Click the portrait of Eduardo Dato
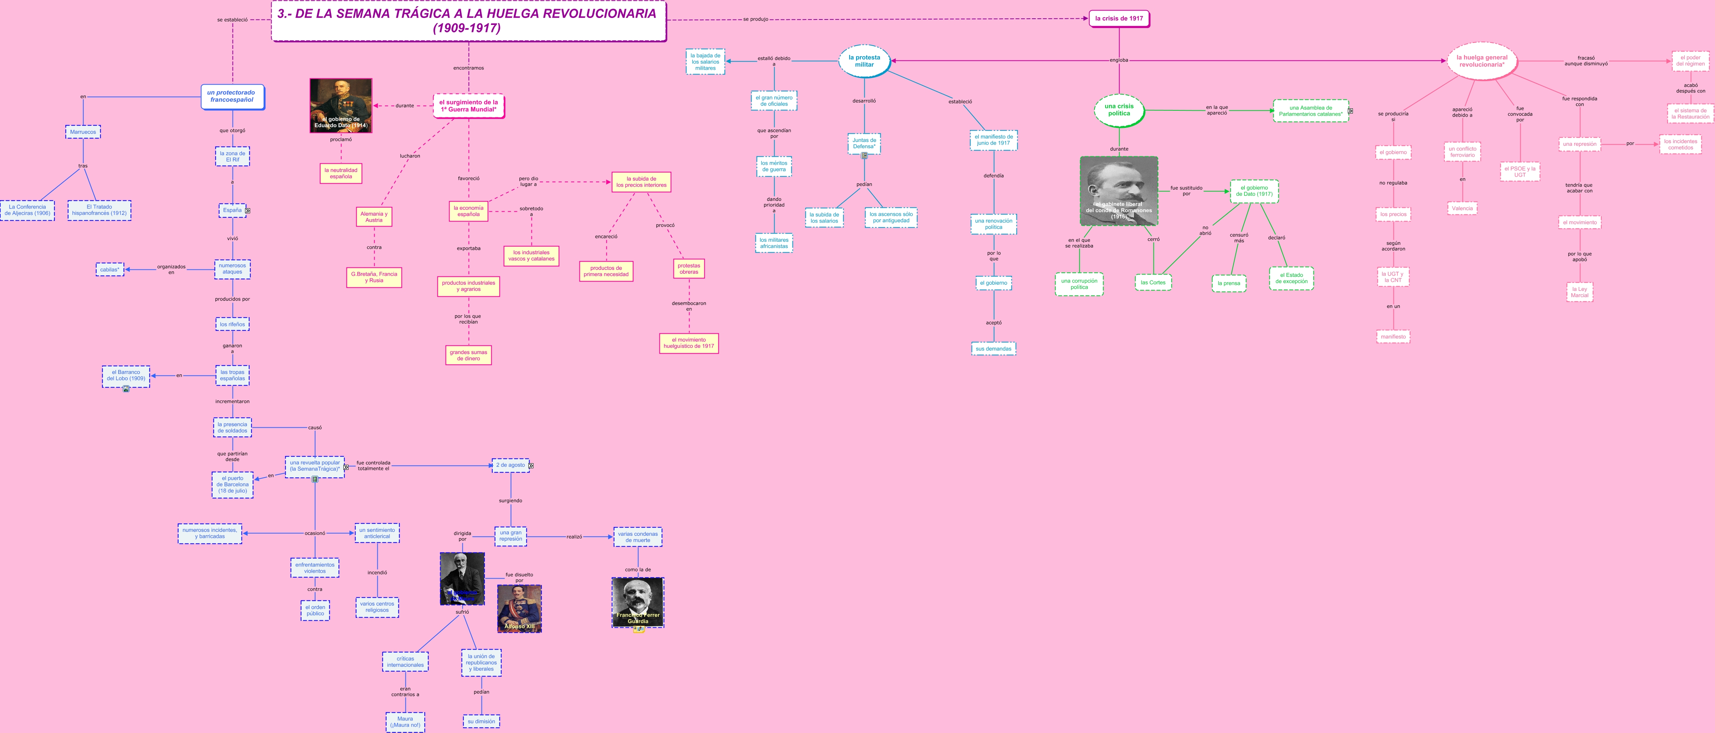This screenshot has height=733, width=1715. click(341, 105)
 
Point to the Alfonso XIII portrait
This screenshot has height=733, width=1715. click(519, 609)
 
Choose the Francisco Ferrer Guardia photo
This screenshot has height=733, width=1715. click(638, 602)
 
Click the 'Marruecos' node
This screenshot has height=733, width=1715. click(83, 132)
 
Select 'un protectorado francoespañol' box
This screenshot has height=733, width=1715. click(232, 96)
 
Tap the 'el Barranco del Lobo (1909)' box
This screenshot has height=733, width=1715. click(126, 376)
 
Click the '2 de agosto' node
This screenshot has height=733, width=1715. click(511, 465)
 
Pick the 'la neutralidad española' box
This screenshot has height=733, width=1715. click(341, 173)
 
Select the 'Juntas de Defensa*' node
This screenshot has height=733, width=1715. click(864, 143)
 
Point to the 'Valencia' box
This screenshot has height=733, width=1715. click(1462, 208)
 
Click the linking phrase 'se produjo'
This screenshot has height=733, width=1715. click(755, 19)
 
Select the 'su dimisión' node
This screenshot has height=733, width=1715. click(482, 721)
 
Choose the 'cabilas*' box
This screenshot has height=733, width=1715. click(110, 269)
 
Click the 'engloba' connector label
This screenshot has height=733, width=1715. click(1118, 60)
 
